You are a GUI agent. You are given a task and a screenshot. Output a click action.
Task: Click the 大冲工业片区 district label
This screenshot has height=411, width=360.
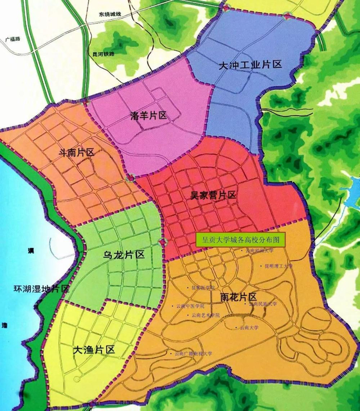click(250, 65)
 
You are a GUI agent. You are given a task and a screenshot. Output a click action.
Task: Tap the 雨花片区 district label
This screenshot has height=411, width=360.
click(238, 297)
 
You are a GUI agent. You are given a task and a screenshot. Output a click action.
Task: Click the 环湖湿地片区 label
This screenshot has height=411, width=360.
click(34, 289)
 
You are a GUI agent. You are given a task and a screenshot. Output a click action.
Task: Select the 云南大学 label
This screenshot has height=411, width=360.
click(252, 327)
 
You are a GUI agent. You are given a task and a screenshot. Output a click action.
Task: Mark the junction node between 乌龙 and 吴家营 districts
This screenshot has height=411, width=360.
click(163, 241)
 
